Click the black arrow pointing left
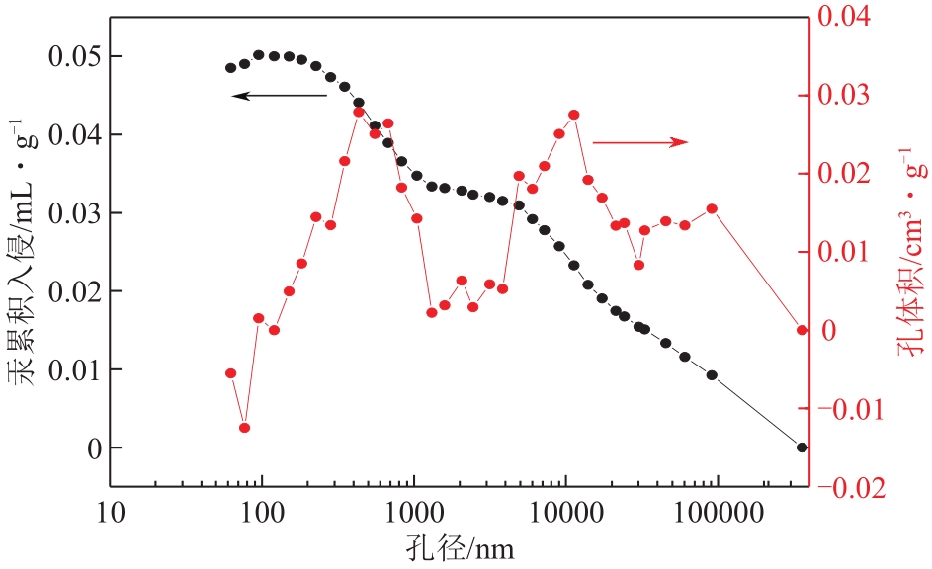pos(279,96)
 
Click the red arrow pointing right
pos(638,142)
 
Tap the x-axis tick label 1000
pos(413,514)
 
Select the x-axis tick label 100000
pos(717,514)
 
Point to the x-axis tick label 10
pos(111,514)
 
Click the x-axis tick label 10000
pos(564,514)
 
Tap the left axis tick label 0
pos(95,447)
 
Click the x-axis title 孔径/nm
pos(459,546)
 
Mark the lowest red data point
pos(244,428)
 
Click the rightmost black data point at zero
pos(803,447)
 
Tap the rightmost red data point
pos(803,330)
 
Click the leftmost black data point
pos(230,68)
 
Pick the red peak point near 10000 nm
pos(574,115)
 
